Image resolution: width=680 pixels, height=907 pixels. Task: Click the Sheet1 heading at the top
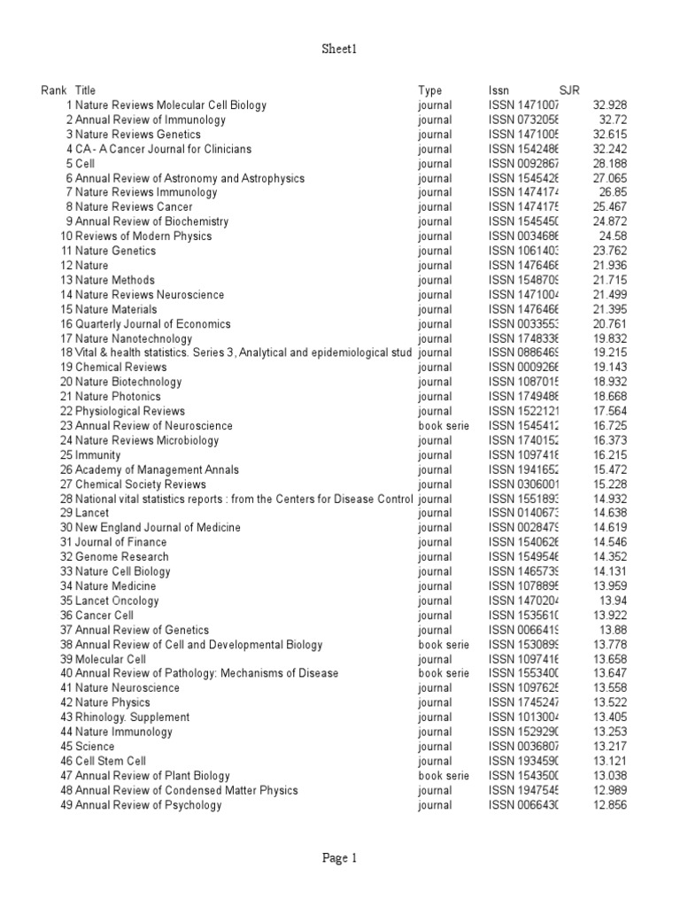[x=340, y=50]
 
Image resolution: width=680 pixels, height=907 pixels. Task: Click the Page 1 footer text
[x=340, y=857]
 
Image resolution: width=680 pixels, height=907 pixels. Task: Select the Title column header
[x=85, y=90]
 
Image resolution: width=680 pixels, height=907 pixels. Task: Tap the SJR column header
[x=569, y=90]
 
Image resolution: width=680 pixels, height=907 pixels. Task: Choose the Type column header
[x=429, y=90]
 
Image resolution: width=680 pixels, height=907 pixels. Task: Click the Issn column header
[x=498, y=90]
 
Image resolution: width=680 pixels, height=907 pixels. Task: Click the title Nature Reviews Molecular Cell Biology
[x=170, y=105]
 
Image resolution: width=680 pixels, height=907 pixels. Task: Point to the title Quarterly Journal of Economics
[x=152, y=324]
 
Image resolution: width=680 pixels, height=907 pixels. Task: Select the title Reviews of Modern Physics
[x=143, y=236]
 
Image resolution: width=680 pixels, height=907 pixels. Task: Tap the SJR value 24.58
[x=613, y=236]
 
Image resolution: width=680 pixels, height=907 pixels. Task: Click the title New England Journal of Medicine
[x=158, y=528]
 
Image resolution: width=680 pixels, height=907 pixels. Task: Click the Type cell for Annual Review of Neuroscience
[x=443, y=426]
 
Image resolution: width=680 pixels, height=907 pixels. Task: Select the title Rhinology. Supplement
[x=132, y=717]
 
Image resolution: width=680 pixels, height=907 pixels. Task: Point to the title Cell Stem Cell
[x=111, y=761]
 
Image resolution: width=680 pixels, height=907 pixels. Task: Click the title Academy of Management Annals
[x=157, y=469]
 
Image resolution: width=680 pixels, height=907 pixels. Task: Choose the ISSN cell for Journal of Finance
[x=523, y=542]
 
